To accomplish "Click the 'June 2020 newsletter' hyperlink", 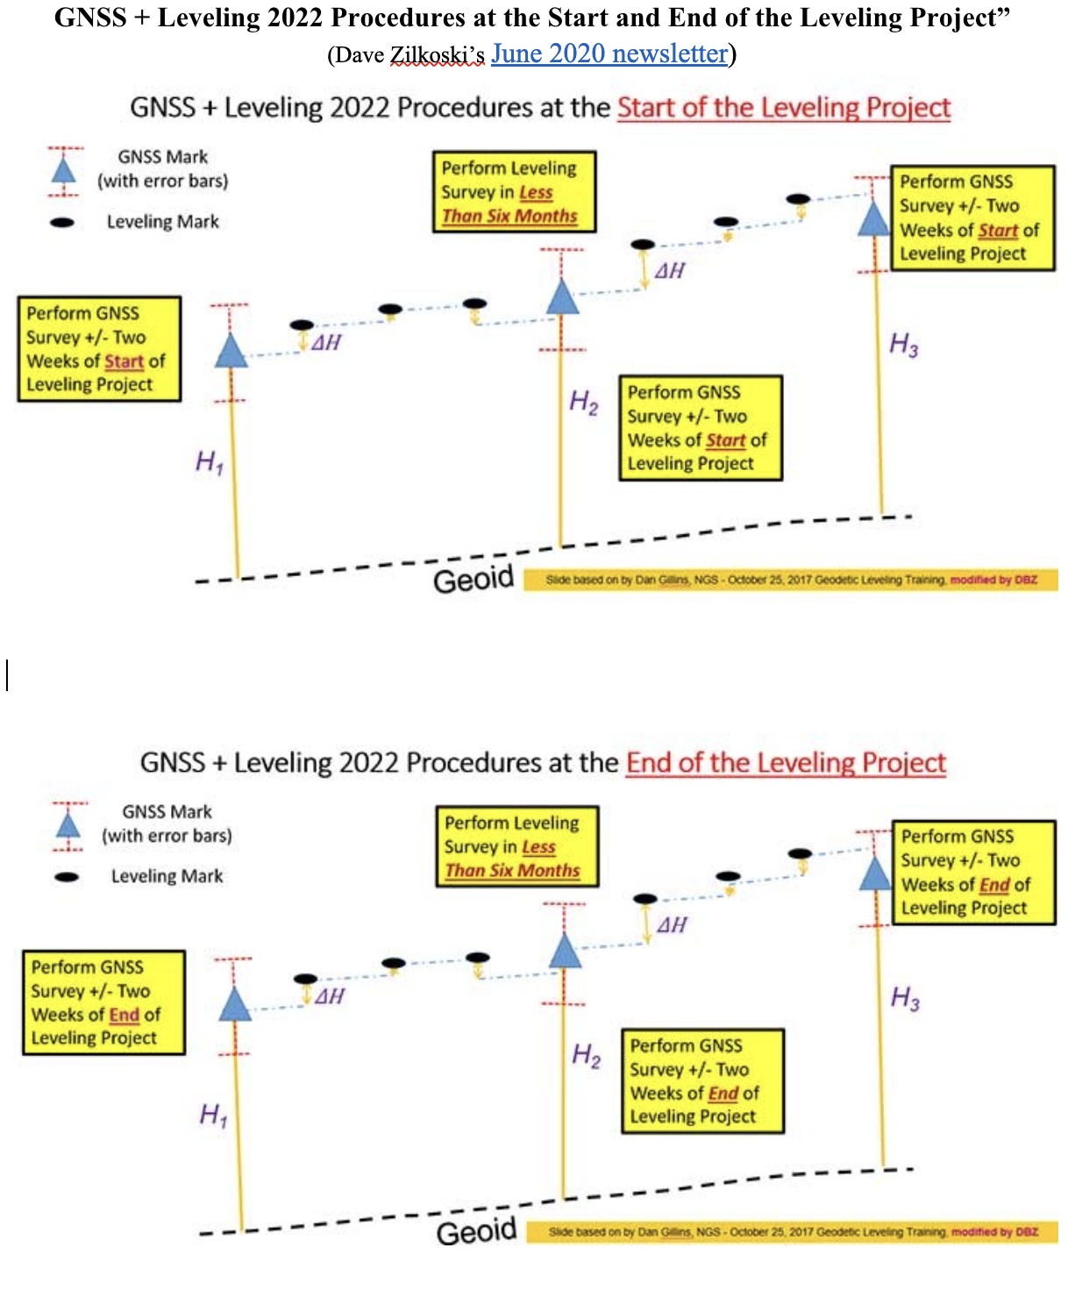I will (609, 54).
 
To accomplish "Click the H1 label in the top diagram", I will (210, 461).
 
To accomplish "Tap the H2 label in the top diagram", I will (584, 403).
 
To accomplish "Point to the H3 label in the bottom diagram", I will (905, 998).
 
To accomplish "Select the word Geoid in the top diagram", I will (473, 579).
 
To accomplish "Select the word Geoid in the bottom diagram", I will (477, 1231).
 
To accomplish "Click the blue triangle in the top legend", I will (64, 170).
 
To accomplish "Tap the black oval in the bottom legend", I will (67, 876).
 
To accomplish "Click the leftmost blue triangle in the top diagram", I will (231, 351).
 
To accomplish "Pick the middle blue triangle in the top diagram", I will (563, 298).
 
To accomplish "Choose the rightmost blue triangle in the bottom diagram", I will (875, 874).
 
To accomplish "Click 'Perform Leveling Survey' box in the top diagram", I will (514, 192).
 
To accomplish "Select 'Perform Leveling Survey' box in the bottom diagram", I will (517, 847).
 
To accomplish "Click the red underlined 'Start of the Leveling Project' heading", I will (784, 108).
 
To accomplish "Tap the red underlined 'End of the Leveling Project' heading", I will (786, 762).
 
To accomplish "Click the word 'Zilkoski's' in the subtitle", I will (437, 55).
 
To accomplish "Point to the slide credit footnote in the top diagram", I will (791, 580).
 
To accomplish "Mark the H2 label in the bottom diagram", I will (587, 1055).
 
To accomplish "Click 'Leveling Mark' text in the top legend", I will (163, 222).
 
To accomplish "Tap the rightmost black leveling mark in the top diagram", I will (798, 199).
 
